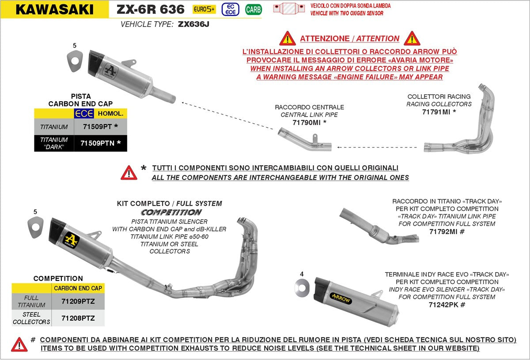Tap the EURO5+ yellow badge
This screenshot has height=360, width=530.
click(x=204, y=9)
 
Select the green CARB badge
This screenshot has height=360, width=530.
click(x=253, y=9)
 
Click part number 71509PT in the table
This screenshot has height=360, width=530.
click(x=97, y=127)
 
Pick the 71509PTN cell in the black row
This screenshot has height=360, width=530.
click(x=97, y=143)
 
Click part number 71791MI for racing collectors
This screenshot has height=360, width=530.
click(x=436, y=112)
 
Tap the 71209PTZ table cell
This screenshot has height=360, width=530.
click(x=78, y=301)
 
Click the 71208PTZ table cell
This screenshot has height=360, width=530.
click(x=78, y=318)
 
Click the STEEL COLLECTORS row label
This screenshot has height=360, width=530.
click(x=31, y=318)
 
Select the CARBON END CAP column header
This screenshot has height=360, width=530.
click(x=78, y=288)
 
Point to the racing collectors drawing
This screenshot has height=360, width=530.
click(x=464, y=128)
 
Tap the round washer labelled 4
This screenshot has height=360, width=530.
click(x=302, y=288)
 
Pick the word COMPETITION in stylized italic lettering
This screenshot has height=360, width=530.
click(x=171, y=212)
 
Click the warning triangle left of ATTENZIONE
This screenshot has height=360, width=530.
click(x=288, y=38)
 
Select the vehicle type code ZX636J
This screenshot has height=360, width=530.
click(x=193, y=25)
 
